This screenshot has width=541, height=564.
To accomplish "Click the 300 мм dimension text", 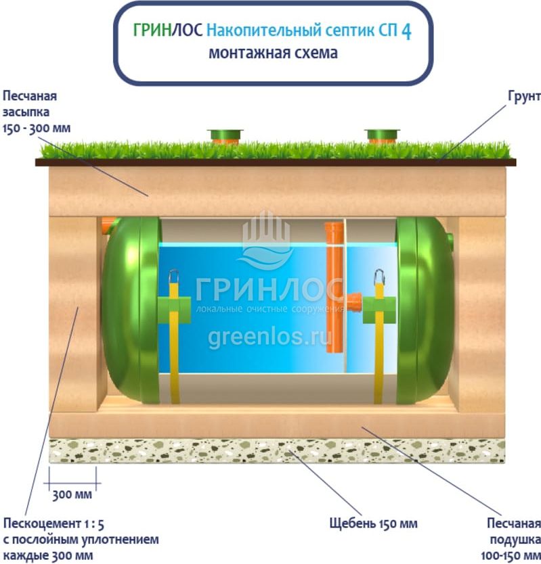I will [x=72, y=494].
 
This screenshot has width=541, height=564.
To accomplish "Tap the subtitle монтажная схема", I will [x=272, y=53].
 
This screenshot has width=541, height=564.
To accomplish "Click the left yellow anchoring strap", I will [x=174, y=338].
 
